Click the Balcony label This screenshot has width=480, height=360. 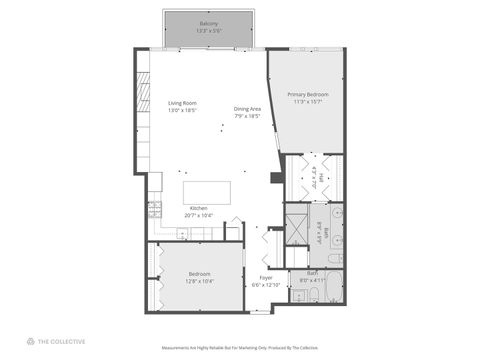point(208,22)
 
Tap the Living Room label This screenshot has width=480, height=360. point(182,103)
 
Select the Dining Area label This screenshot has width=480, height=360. point(248,109)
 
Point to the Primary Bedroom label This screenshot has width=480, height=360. point(309,94)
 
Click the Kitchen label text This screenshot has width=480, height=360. point(199,208)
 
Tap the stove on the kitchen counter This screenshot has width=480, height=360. point(155,212)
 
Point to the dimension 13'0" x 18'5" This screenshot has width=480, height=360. point(182,110)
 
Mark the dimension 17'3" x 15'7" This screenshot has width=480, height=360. point(309,101)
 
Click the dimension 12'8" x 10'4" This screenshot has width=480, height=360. point(199,281)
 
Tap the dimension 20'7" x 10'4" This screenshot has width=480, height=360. point(199,215)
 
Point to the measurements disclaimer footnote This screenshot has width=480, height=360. point(240,348)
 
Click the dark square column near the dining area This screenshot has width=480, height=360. point(276,178)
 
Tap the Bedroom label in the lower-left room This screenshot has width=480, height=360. point(199,274)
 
